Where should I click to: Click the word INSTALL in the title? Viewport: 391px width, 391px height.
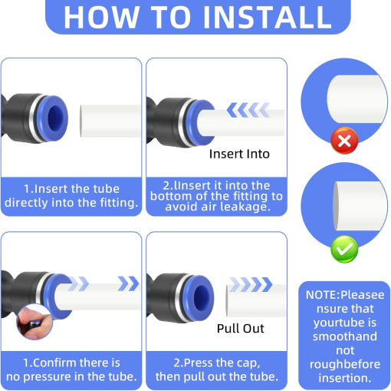pyautogui.click(x=268, y=17)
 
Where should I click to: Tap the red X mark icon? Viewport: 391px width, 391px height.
pyautogui.click(x=344, y=141)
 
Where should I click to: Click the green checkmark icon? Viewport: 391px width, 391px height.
pyautogui.click(x=344, y=249)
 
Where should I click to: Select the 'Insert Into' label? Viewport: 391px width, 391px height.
pyautogui.click(x=239, y=154)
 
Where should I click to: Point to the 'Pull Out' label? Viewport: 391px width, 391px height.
pyautogui.click(x=240, y=328)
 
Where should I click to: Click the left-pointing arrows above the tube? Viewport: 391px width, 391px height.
pyautogui.click(x=248, y=110)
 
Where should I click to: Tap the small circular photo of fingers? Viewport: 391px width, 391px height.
pyautogui.click(x=34, y=322)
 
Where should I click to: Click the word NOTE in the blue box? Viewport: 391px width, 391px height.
pyautogui.click(x=321, y=295)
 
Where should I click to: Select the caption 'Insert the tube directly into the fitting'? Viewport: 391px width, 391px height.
pyautogui.click(x=71, y=196)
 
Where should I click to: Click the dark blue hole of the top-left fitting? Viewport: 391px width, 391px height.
pyautogui.click(x=56, y=118)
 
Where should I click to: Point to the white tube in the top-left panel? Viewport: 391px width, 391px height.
pyautogui.click(x=110, y=121)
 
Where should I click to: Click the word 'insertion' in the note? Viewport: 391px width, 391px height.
pyautogui.click(x=345, y=378)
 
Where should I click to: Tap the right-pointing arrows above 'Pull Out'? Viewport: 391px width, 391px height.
pyautogui.click(x=251, y=284)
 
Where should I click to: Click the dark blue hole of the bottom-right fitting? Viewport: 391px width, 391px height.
pyautogui.click(x=202, y=297)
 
